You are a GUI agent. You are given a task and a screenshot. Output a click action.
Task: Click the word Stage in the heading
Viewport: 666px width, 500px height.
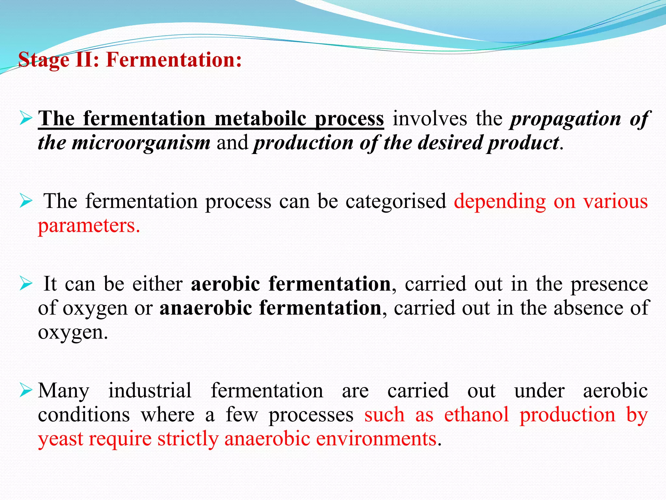point(44,60)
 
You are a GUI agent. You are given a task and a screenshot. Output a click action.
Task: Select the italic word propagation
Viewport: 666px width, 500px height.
point(566,119)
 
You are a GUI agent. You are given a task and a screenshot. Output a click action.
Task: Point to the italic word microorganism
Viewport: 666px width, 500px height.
point(141,143)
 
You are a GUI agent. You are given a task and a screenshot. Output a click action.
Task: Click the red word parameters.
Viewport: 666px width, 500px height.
point(89,226)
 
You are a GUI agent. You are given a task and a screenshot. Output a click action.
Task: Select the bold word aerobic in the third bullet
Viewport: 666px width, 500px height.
point(225,284)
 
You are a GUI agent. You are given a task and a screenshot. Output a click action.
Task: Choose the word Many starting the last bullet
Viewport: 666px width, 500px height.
point(63,391)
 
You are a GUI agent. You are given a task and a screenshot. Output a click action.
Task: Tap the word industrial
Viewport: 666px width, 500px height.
point(150,390)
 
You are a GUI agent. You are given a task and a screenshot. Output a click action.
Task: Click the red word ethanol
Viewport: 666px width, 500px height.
point(476,415)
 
